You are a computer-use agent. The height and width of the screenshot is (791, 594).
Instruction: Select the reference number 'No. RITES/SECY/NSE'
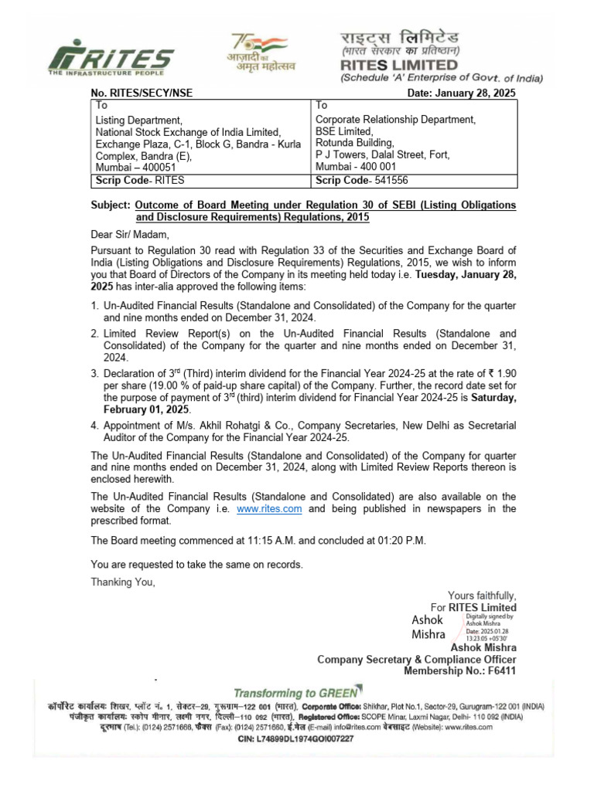(x=142, y=93)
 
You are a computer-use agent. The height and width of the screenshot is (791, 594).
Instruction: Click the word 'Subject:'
(x=109, y=205)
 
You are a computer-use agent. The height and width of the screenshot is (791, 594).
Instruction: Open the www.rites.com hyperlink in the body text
(x=269, y=509)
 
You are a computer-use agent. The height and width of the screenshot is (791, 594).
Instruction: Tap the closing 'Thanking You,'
(x=123, y=582)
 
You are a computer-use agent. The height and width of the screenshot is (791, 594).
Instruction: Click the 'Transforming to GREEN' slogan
(x=296, y=693)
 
